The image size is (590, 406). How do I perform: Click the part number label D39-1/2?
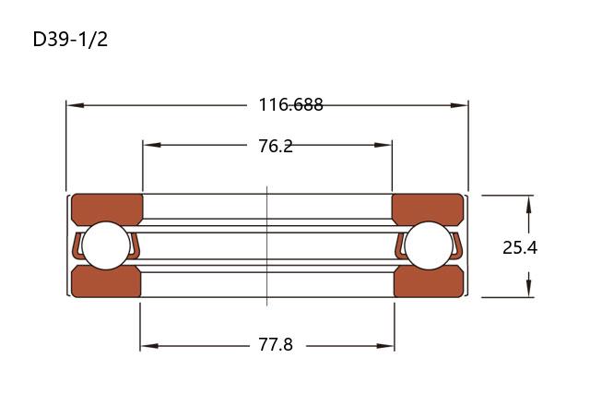[70, 39]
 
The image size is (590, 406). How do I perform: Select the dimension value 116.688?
[290, 104]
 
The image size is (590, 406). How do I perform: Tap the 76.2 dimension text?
[276, 146]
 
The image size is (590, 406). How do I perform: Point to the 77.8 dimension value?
[276, 344]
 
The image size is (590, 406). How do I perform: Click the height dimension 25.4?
[520, 247]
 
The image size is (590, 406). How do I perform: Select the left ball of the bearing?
[106, 245]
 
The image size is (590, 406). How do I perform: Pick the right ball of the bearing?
[429, 245]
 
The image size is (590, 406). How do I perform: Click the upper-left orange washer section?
[107, 209]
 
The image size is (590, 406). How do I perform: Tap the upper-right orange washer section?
[428, 209]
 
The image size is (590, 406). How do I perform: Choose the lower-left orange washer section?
[106, 281]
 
